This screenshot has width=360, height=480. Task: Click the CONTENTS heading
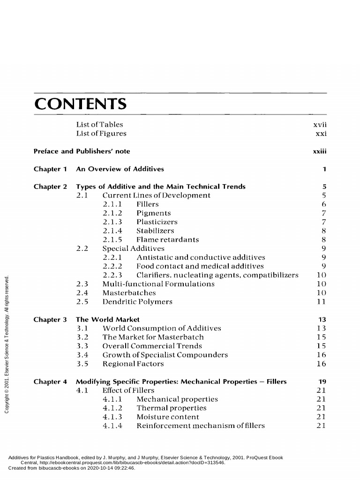pos(80,104)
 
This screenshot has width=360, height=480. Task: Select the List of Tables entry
pos(99,125)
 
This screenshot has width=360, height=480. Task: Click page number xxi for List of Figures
pos(321,134)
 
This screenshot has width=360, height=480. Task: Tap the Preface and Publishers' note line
pos(82,151)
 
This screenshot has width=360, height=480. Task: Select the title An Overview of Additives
pos(120,169)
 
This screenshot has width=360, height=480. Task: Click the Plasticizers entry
pos(157,222)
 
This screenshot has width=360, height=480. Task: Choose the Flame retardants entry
pos(167,240)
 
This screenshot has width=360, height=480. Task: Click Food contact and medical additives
pos(200,266)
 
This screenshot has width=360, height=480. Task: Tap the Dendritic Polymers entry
pos(137,302)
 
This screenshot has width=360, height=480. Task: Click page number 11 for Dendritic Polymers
pos(321,302)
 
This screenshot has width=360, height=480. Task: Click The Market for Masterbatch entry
pos(153,337)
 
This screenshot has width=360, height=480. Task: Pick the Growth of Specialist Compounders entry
pos(165,355)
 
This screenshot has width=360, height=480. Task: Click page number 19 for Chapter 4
pos(322,382)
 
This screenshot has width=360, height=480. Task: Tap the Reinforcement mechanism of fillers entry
pos(201,426)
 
